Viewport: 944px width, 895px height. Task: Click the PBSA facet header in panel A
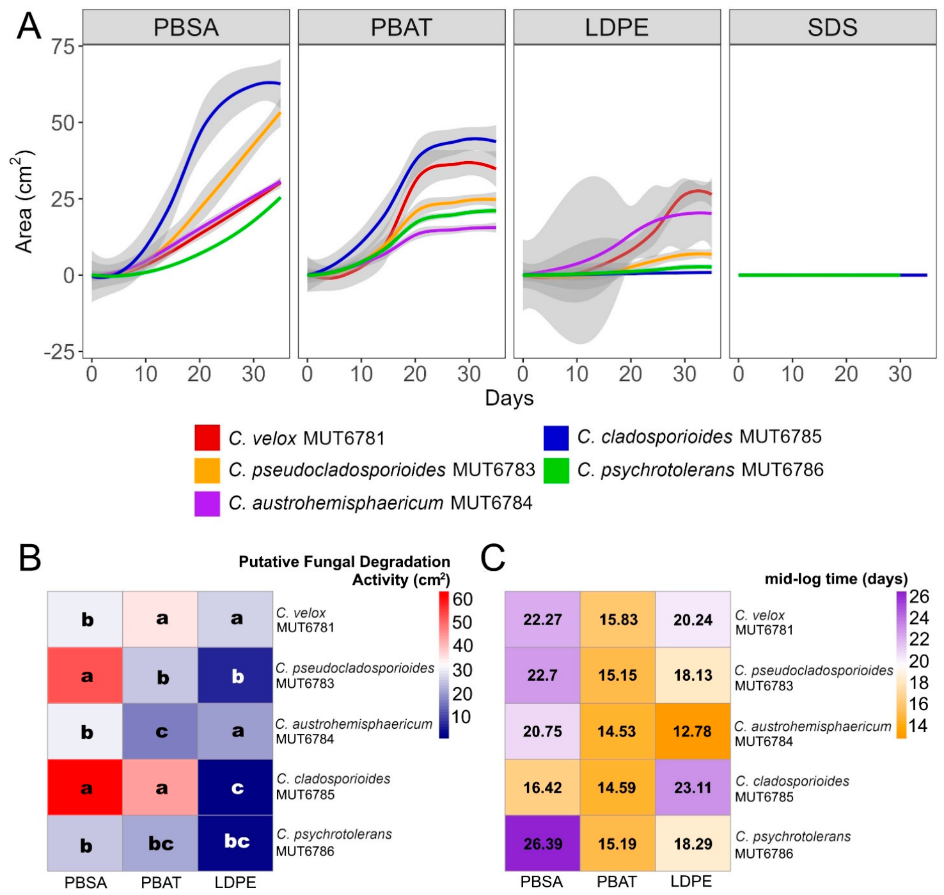coord(186,27)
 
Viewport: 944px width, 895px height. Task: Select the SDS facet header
coord(832,27)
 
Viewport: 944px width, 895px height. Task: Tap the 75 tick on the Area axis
coord(63,47)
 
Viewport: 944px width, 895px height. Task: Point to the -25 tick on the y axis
coord(60,352)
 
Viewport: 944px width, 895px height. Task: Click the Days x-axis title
coord(509,398)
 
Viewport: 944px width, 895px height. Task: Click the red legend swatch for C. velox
coord(207,437)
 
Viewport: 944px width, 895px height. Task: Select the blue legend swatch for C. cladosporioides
coord(556,437)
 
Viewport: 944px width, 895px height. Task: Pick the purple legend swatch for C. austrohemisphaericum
coord(207,503)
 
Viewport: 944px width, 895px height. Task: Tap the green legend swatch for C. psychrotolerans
coord(556,470)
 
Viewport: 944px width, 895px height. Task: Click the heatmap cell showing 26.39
coord(542,843)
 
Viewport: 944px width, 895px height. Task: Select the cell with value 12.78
coord(693,731)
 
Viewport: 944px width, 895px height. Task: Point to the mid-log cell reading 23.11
coord(693,788)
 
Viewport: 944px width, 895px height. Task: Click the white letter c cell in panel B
coord(235,788)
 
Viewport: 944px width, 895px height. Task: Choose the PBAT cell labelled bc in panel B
coord(161,843)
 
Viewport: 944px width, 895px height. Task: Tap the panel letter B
coord(30,558)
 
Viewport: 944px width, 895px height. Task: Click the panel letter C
coord(492,558)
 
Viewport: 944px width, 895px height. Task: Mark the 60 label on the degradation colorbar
coord(462,599)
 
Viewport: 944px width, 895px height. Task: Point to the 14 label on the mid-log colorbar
coord(918,726)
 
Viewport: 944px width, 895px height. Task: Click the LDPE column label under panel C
coord(691,881)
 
